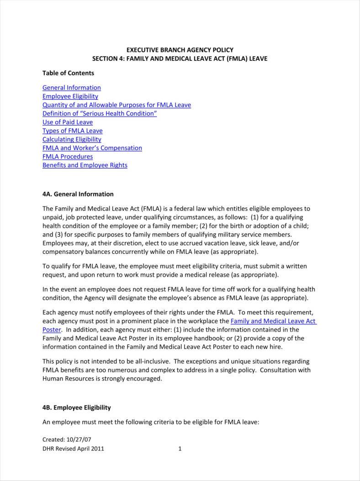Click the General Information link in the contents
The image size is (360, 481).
click(72, 88)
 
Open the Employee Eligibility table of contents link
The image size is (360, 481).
click(70, 96)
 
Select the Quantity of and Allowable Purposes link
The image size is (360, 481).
click(116, 105)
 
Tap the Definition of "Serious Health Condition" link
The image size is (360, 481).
click(100, 113)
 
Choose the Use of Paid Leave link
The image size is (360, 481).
click(68, 122)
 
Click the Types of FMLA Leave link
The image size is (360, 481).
click(73, 131)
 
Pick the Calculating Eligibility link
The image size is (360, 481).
click(72, 139)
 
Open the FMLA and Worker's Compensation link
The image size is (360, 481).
click(92, 148)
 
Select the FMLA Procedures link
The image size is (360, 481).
click(68, 156)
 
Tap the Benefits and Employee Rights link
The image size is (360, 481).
click(85, 165)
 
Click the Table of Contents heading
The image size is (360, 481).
click(68, 73)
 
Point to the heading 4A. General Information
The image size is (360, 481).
click(78, 194)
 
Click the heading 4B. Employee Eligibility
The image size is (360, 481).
click(77, 407)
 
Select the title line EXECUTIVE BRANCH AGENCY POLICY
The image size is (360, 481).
click(180, 50)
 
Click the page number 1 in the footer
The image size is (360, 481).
click(180, 449)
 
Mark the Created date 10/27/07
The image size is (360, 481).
click(79, 439)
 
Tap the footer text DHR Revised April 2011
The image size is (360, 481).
click(73, 449)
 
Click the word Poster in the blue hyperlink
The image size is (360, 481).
click(51, 330)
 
